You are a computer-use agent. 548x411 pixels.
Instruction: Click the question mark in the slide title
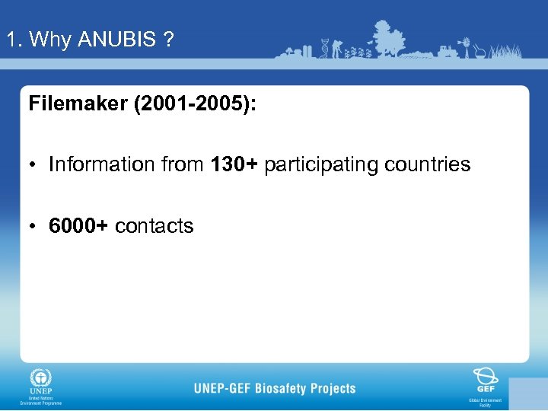pos(167,40)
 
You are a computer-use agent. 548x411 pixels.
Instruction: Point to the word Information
pos(101,164)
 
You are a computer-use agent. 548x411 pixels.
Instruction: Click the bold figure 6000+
pos(78,226)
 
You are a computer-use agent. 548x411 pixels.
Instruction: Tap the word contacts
pos(155,226)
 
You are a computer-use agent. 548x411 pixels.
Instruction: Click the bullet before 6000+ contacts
pos(34,226)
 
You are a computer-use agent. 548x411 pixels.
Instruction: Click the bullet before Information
pos(34,164)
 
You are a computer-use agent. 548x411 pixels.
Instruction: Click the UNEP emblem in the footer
pos(40,380)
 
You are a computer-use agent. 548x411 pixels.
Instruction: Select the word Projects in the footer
pos(333,388)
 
